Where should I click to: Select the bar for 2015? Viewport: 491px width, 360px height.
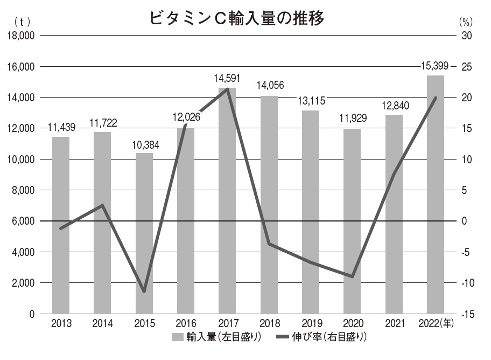pos(144,233)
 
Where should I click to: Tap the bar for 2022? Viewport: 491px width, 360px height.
pos(435,194)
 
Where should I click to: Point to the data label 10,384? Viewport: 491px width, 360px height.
pos(144,146)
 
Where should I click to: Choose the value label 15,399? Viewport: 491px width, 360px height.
pos(435,67)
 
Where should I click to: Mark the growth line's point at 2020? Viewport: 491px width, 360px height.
pos(352,276)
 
